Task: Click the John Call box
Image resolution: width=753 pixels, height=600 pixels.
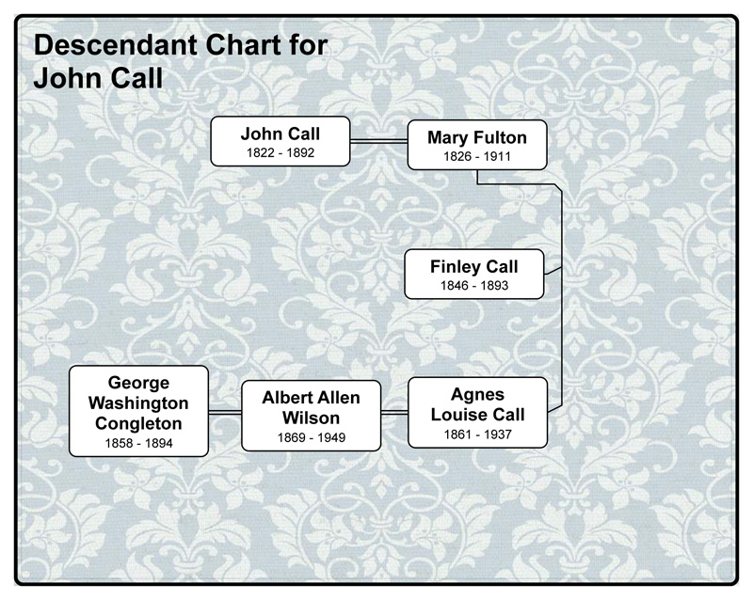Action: point(280,141)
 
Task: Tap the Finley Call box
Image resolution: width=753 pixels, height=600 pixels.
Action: point(474,274)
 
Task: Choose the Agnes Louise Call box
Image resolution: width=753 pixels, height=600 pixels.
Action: point(477,412)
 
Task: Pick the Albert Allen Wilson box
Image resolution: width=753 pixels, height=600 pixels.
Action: point(312,414)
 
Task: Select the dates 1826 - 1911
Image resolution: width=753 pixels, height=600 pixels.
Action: point(476,157)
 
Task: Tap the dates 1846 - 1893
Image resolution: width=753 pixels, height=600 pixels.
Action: point(473,285)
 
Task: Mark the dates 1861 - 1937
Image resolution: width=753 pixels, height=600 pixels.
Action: point(476,434)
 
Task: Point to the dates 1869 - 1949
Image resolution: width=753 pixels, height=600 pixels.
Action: point(312,436)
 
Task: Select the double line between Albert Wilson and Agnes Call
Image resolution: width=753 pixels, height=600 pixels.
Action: point(395,412)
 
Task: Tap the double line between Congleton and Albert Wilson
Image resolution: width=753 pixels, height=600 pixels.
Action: point(225,412)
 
